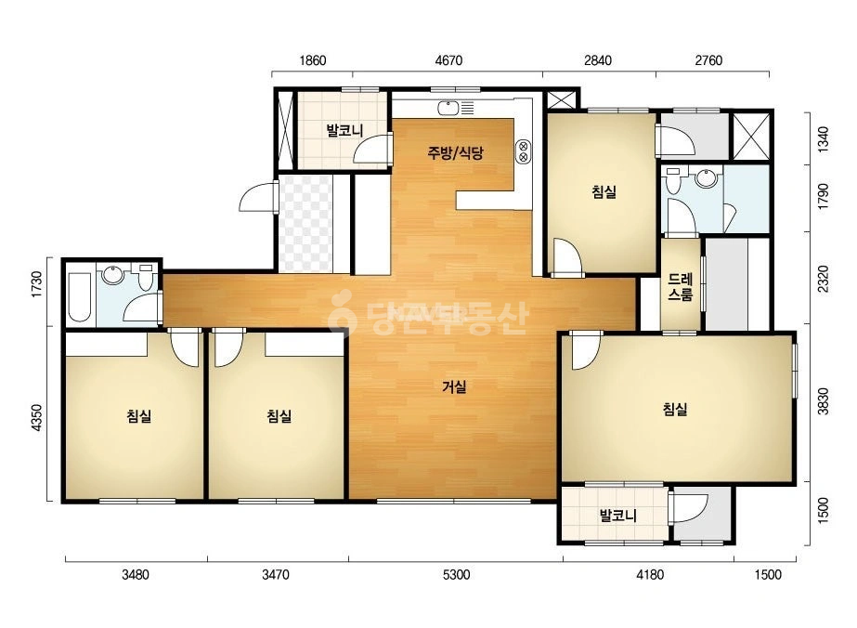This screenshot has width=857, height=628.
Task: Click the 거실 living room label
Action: pyautogui.click(x=454, y=387)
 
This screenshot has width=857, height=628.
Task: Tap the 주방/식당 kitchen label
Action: pyautogui.click(x=455, y=152)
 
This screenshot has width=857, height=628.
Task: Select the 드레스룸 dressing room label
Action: pyautogui.click(x=681, y=288)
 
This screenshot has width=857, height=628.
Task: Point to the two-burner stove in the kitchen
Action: pyautogui.click(x=523, y=151)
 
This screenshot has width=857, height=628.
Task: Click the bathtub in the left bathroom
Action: pyautogui.click(x=80, y=297)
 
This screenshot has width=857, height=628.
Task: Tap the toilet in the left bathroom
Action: pyautogui.click(x=146, y=277)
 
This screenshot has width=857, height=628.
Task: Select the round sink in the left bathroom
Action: pyautogui.click(x=113, y=275)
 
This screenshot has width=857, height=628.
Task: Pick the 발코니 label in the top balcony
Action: pyautogui.click(x=344, y=131)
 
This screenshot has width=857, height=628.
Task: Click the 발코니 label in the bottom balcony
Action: pyautogui.click(x=617, y=516)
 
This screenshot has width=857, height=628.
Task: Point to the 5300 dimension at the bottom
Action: pyautogui.click(x=457, y=574)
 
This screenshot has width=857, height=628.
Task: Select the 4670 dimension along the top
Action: pyautogui.click(x=448, y=60)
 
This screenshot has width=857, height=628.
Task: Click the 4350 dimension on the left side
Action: pyautogui.click(x=36, y=418)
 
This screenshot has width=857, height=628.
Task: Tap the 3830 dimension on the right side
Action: pyautogui.click(x=824, y=401)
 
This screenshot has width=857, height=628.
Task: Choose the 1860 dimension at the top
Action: pyautogui.click(x=313, y=60)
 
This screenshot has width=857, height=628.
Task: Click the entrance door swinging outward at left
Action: pyautogui.click(x=259, y=196)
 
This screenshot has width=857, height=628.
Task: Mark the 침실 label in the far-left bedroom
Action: pyautogui.click(x=139, y=416)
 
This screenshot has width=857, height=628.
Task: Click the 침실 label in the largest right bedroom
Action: pyautogui.click(x=675, y=409)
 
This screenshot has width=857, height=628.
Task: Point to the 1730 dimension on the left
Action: pyautogui.click(x=36, y=284)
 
